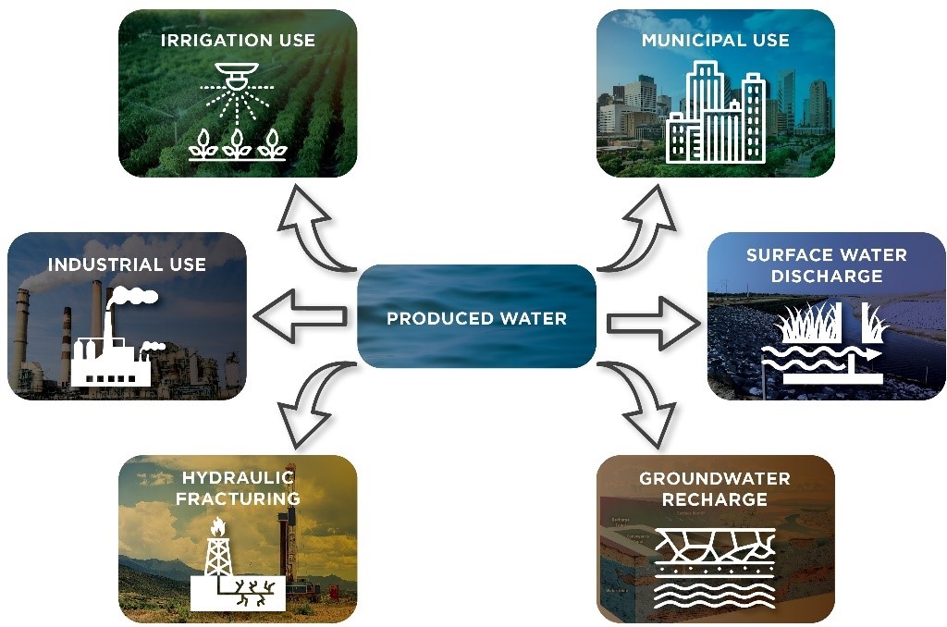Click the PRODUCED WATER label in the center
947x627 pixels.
[476, 318]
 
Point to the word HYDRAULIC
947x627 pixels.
[238, 478]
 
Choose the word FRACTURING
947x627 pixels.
[238, 499]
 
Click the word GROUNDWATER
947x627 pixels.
[715, 478]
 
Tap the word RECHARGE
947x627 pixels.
[715, 499]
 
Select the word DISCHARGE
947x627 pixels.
[827, 277]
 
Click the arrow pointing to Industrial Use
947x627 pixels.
[301, 314]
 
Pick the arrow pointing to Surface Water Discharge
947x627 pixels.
[654, 323]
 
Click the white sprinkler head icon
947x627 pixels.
[238, 76]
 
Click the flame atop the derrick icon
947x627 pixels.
[217, 527]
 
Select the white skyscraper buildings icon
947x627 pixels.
[716, 112]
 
